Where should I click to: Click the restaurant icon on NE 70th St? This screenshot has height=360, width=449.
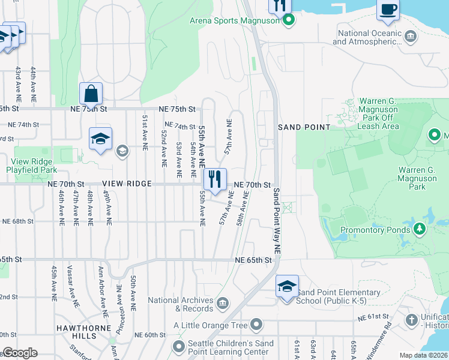(x=215, y=179)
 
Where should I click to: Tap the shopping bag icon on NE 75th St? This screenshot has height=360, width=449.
(x=91, y=94)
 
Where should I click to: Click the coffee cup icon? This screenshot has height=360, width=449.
(x=388, y=10)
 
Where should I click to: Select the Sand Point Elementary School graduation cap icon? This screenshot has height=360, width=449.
(x=287, y=286)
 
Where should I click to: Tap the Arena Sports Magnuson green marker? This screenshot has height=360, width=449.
(x=289, y=20)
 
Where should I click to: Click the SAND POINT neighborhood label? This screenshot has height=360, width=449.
(x=304, y=127)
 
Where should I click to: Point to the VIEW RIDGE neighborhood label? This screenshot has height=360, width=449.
(x=127, y=184)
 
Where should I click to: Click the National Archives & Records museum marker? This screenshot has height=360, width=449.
(x=223, y=301)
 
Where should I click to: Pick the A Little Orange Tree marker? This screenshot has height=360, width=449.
(x=257, y=325)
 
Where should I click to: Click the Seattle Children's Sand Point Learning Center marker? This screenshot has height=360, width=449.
(x=179, y=346)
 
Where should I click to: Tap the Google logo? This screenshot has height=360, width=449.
(x=19, y=353)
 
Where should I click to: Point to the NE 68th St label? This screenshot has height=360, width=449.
(x=18, y=221)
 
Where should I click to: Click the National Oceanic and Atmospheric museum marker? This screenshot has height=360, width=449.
(x=411, y=37)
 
